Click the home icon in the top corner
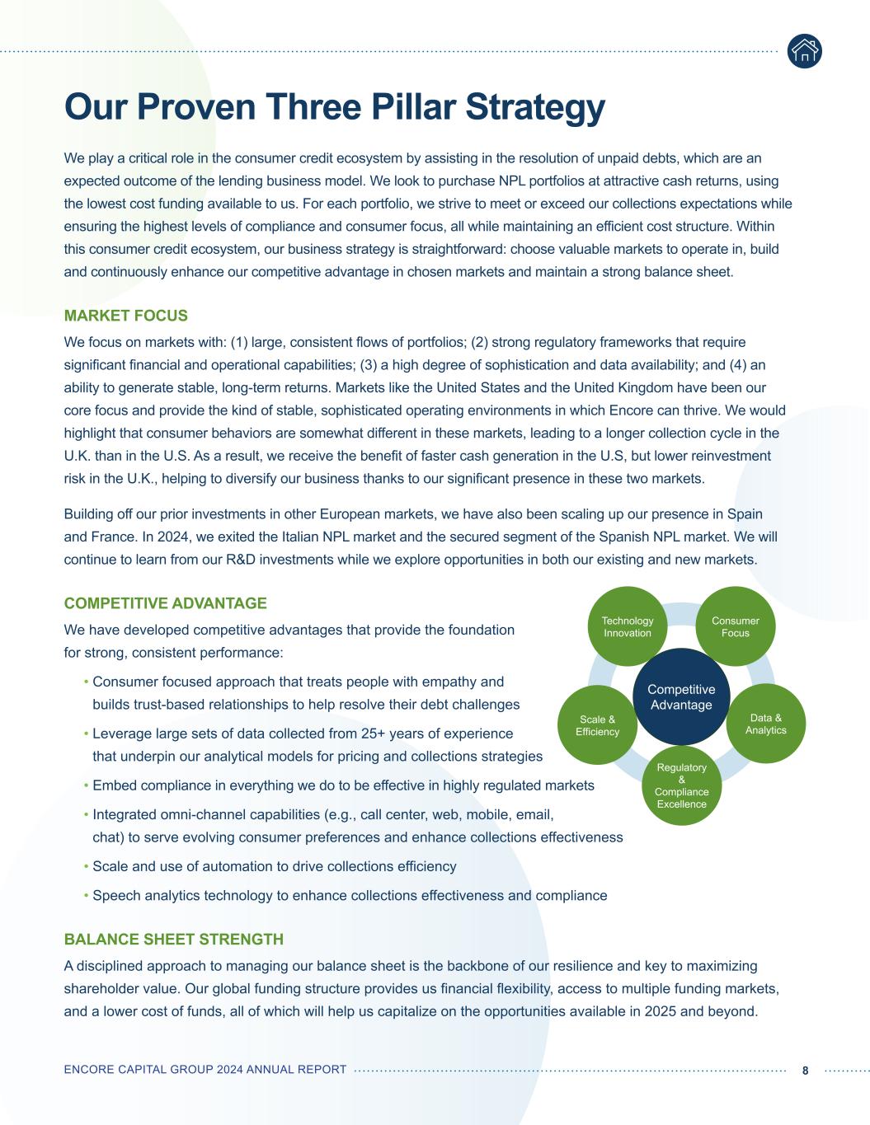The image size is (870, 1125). point(804,51)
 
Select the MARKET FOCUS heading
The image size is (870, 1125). point(126,316)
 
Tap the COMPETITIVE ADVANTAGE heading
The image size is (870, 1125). point(166,603)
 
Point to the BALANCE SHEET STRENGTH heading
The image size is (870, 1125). point(174,939)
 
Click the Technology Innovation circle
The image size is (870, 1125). point(628,626)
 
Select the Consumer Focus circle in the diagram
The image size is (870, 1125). point(735,626)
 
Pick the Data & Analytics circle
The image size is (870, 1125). point(766,724)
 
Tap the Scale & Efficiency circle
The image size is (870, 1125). point(597,725)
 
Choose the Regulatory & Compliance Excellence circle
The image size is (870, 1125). point(681,785)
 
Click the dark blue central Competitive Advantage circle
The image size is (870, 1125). point(681,696)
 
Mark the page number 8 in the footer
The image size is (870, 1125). point(806,1070)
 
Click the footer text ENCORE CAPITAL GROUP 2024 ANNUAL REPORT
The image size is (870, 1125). point(205,1070)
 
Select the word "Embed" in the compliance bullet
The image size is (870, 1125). point(113,785)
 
